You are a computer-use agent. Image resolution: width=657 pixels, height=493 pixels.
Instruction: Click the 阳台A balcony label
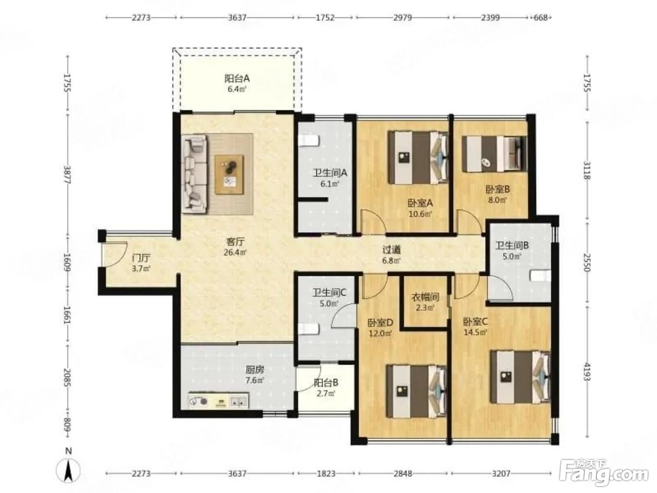[237, 78]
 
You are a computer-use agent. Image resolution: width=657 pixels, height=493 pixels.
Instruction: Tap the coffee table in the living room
[229, 175]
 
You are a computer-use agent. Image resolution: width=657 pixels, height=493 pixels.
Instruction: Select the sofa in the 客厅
[194, 174]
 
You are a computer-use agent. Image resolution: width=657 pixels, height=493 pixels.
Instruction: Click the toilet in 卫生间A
[309, 141]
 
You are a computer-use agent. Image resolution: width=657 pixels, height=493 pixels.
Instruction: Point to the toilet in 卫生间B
[540, 276]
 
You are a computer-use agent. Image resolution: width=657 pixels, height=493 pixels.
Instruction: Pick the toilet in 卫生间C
[309, 329]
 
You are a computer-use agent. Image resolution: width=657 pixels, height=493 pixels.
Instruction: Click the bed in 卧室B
[494, 154]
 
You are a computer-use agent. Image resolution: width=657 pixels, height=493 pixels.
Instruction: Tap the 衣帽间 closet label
[425, 297]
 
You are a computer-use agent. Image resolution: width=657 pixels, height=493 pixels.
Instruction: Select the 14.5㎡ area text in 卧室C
[475, 332]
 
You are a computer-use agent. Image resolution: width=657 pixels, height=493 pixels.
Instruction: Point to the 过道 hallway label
[391, 249]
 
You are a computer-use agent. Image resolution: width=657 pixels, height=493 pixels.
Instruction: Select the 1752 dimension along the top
[325, 18]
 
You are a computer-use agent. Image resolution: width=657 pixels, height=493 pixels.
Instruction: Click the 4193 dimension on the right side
[588, 372]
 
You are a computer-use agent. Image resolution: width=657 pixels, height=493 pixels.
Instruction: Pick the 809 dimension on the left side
[68, 424]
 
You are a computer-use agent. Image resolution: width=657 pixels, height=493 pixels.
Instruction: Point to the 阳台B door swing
[309, 379]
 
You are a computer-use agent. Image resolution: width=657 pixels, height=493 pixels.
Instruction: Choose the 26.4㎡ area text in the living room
[235, 252]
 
